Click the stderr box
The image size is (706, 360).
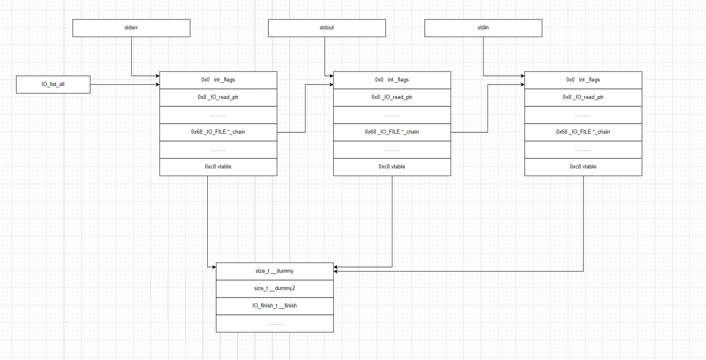click(131, 28)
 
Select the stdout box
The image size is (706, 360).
click(327, 28)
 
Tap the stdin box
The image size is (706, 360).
click(483, 28)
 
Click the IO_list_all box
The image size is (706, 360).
click(53, 84)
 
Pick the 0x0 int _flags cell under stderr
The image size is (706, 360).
click(218, 80)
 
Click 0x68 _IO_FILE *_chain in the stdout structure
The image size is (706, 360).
click(392, 132)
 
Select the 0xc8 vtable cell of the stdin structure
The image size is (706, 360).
click(583, 167)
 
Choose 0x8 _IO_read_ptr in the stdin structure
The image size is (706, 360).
click(583, 97)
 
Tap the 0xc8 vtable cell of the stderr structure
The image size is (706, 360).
click(218, 167)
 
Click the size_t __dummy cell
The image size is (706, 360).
click(274, 271)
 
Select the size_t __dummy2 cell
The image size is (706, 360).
click(274, 288)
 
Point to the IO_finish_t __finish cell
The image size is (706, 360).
click(274, 306)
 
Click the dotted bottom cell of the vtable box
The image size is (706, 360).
click(274, 324)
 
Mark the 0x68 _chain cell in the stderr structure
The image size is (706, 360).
click(218, 132)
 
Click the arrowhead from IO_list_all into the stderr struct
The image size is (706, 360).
click(158, 84)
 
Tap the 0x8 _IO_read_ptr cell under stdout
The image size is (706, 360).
click(392, 97)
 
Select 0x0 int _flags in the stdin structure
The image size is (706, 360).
click(583, 80)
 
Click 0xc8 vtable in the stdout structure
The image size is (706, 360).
click(392, 167)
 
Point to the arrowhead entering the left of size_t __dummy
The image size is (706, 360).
click(214, 267)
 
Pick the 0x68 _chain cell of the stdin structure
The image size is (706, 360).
click(583, 132)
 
